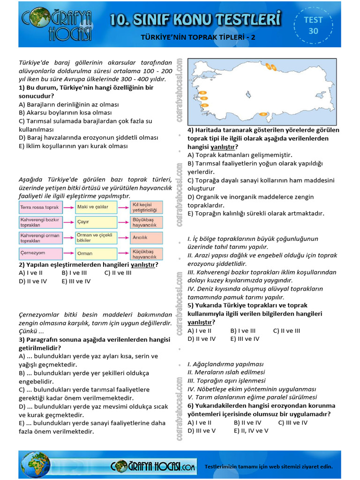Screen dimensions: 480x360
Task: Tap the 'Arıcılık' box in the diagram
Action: tap(147, 238)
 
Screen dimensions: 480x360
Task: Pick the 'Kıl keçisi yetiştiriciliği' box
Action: tap(147, 207)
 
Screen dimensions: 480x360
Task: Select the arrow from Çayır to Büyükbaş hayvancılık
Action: tap(124, 222)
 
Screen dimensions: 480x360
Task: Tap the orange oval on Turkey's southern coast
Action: tap(263, 113)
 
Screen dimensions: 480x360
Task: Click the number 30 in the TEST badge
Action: tap(313, 31)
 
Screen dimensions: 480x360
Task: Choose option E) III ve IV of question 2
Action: tap(76, 281)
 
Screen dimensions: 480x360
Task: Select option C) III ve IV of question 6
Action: tap(292, 422)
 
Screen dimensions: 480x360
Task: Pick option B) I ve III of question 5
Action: tap(243, 330)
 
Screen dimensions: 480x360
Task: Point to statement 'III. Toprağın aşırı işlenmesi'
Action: tap(226, 381)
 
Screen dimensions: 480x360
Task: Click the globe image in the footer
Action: tap(36, 465)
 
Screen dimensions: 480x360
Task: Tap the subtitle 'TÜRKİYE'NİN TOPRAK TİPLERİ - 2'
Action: tap(198, 37)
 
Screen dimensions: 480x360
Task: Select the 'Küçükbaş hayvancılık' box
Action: tap(147, 253)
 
